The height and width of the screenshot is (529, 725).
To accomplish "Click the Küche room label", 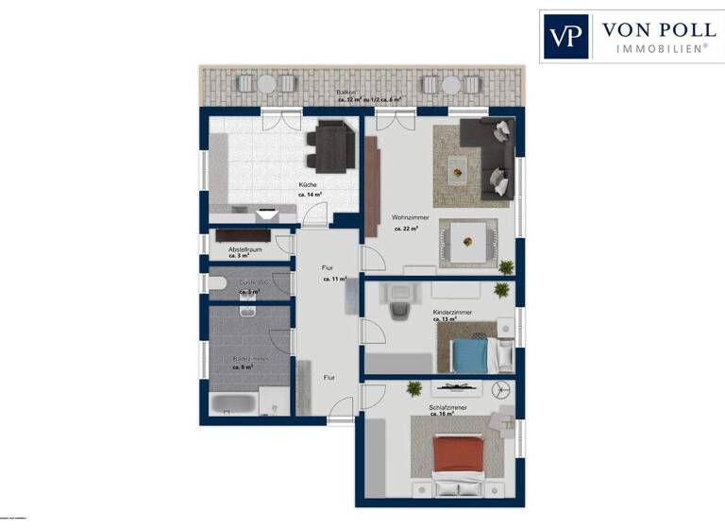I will (308, 184).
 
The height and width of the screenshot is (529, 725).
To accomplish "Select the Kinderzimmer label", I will (451, 311).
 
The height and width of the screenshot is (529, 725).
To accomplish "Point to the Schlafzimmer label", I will (447, 407).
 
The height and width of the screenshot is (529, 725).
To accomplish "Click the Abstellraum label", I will (244, 248).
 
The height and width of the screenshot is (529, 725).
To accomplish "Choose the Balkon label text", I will (346, 92).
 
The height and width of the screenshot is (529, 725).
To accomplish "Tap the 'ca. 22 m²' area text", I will (405, 228).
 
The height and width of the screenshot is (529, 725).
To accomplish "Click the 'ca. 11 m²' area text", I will (334, 280).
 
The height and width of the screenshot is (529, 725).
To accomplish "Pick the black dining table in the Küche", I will (332, 146).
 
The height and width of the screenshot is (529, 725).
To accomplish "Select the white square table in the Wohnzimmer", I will (468, 241).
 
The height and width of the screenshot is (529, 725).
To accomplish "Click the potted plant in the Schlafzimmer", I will (413, 387).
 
